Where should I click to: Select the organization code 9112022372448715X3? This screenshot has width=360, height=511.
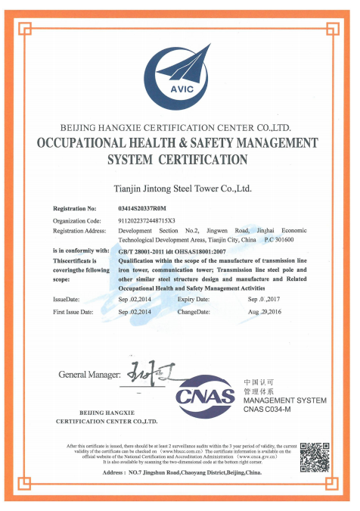pyautogui.click(x=155, y=219)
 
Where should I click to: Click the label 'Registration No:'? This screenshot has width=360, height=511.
pyautogui.click(x=75, y=207)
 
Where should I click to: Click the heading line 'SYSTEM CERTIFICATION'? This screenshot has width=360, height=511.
pyautogui.click(x=178, y=160)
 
